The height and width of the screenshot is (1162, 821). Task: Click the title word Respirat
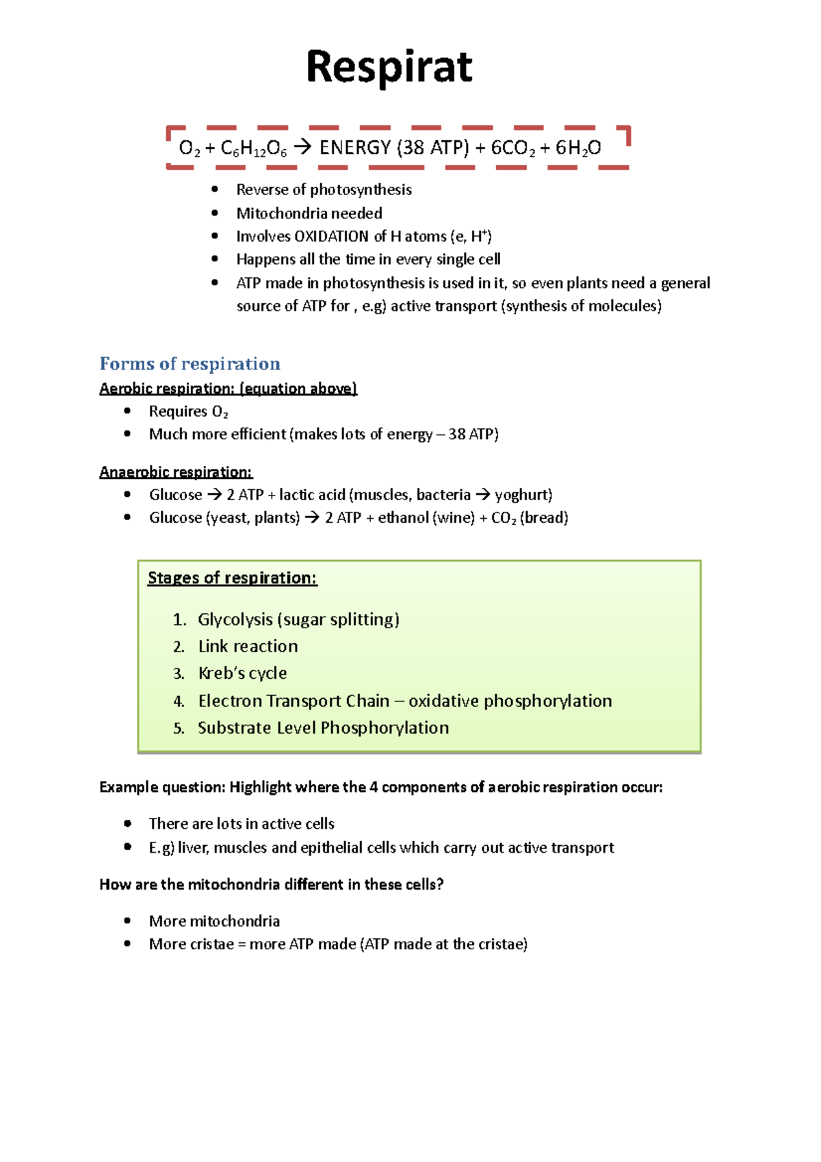(x=389, y=67)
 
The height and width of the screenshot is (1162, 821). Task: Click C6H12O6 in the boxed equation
(x=254, y=148)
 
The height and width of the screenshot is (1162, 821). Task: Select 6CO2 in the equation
(x=513, y=148)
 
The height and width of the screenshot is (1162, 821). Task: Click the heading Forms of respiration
(x=190, y=363)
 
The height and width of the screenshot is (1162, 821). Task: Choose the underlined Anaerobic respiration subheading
(x=175, y=472)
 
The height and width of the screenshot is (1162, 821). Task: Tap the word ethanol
(x=404, y=517)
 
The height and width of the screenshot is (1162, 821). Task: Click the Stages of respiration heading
(x=232, y=578)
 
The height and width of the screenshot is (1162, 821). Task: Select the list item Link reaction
(x=248, y=646)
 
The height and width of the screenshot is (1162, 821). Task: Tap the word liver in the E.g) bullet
(x=192, y=848)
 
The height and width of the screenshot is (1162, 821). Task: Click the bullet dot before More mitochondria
(x=127, y=921)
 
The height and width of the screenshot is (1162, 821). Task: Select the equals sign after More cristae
(x=241, y=944)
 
